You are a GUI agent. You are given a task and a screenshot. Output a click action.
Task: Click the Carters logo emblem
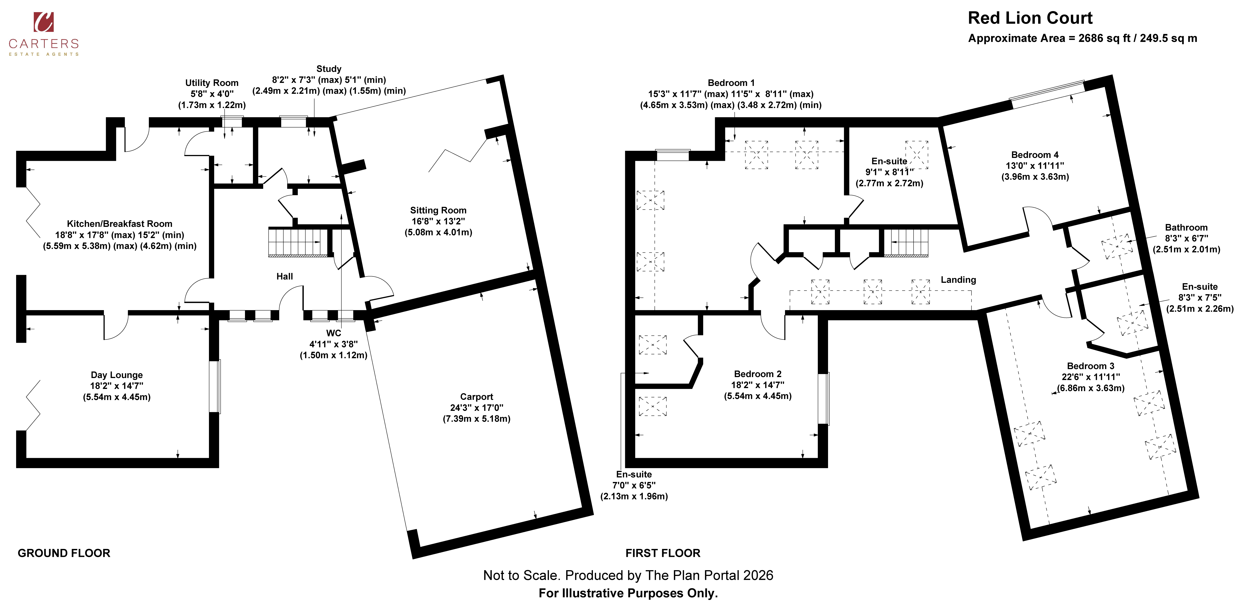coord(43,22)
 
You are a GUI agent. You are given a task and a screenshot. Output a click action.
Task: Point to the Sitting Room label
coord(438,210)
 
